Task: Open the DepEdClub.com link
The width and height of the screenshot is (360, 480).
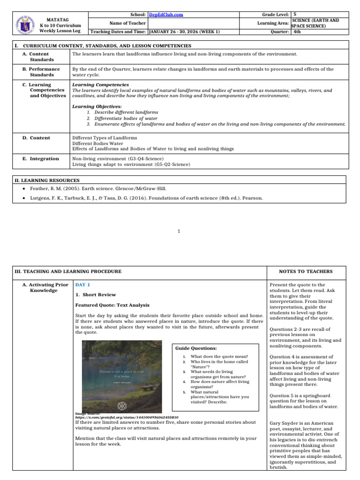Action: [x=165, y=15]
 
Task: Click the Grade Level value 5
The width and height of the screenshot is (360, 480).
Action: [x=294, y=15]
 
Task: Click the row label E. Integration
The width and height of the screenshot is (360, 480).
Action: [x=41, y=158]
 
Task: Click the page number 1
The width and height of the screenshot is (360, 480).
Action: [x=180, y=231]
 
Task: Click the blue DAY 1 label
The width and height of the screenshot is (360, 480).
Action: [x=82, y=285]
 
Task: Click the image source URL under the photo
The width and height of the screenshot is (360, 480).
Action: [x=127, y=417]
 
